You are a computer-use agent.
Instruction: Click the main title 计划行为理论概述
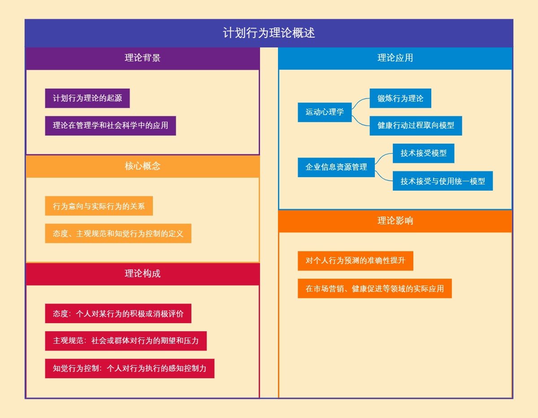[269, 33]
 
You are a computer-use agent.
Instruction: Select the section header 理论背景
[143, 58]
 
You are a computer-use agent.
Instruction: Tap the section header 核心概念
[143, 166]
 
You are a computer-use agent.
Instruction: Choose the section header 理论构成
[143, 273]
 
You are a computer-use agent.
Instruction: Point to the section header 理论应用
[395, 58]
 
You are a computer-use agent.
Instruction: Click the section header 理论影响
[395, 221]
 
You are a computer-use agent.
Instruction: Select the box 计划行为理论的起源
[87, 98]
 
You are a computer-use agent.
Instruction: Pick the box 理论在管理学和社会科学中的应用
[110, 125]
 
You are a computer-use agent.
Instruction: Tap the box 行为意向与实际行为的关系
[99, 206]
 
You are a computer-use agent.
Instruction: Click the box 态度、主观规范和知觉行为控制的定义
[118, 233]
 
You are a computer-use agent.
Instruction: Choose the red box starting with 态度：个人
[118, 313]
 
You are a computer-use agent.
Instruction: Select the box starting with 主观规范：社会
[126, 341]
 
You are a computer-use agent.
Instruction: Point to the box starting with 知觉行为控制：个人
[130, 368]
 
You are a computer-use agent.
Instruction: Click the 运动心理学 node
[325, 112]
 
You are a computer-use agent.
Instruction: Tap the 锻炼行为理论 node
[400, 98]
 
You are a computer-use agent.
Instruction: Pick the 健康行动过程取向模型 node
[416, 125]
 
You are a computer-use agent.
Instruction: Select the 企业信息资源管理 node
[336, 167]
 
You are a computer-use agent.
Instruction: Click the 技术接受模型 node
[424, 153]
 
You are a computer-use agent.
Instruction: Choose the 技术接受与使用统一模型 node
[443, 181]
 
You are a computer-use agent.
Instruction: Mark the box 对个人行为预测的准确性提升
[355, 260]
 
